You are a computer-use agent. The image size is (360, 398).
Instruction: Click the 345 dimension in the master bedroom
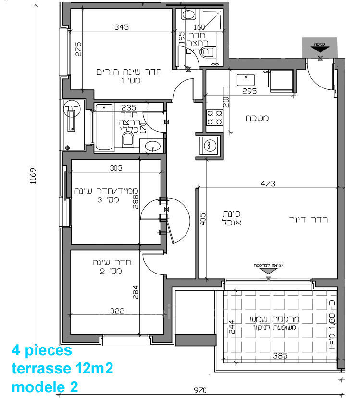point(122,27)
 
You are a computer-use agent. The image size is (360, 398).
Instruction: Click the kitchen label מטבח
point(257,118)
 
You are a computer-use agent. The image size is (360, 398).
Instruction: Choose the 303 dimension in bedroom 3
point(116,168)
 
